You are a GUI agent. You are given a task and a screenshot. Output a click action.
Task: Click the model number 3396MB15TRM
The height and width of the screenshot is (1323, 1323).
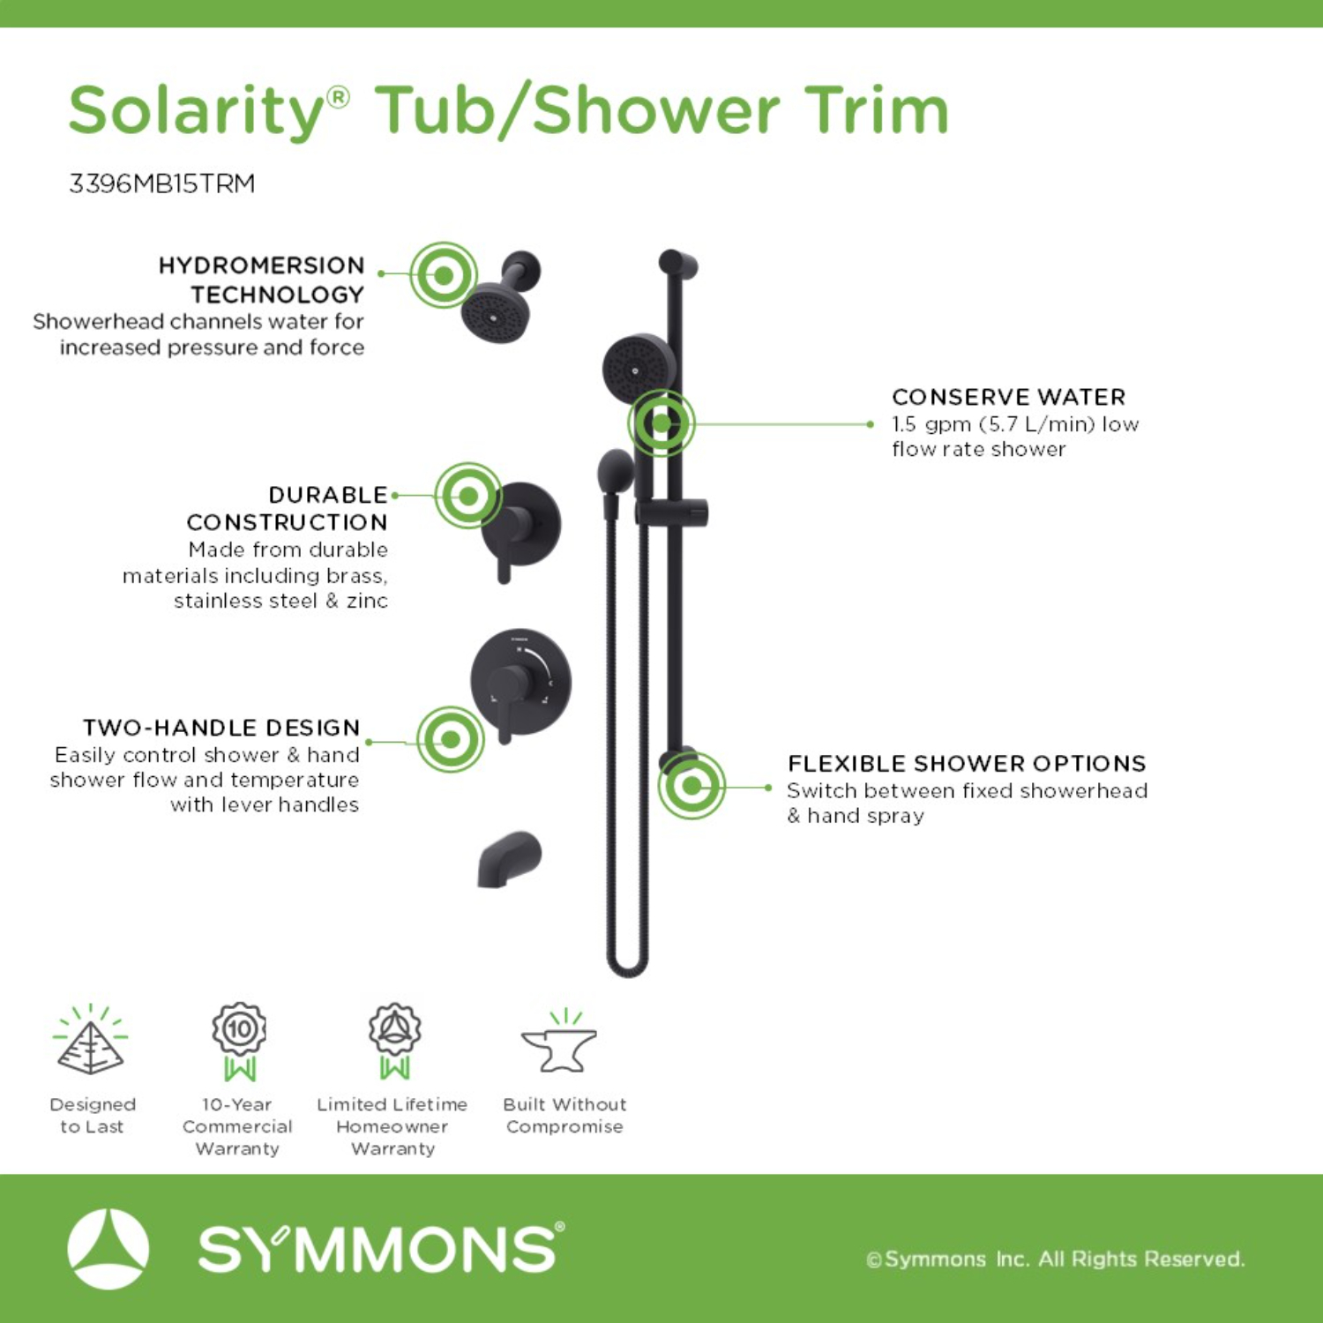click(162, 183)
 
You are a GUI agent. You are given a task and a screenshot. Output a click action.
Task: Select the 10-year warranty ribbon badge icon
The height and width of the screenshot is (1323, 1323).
click(239, 1042)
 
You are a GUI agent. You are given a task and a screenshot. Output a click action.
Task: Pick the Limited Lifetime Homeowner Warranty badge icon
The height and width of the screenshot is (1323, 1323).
click(394, 1042)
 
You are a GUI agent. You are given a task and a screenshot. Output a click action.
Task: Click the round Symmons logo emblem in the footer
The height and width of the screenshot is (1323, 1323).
click(108, 1249)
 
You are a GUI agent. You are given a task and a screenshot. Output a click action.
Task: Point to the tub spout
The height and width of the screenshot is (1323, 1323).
click(509, 860)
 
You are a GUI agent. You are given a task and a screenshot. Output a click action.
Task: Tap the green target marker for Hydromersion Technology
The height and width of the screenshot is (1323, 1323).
click(444, 275)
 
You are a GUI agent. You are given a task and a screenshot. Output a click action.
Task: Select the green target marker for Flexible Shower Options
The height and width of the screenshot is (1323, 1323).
click(691, 785)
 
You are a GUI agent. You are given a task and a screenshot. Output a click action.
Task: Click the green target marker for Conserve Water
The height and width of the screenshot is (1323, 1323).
click(661, 423)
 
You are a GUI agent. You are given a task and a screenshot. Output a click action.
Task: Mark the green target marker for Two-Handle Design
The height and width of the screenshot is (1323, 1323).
click(451, 739)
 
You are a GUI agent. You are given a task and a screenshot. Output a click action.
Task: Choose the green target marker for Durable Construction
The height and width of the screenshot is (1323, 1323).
click(468, 496)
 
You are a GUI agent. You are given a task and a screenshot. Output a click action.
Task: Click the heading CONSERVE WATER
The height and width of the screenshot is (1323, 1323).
click(1009, 397)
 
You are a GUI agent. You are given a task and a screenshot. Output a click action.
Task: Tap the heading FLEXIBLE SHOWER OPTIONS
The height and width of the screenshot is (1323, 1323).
click(967, 763)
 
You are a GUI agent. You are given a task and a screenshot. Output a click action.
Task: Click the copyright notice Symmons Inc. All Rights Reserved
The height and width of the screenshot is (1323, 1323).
click(1056, 1259)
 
